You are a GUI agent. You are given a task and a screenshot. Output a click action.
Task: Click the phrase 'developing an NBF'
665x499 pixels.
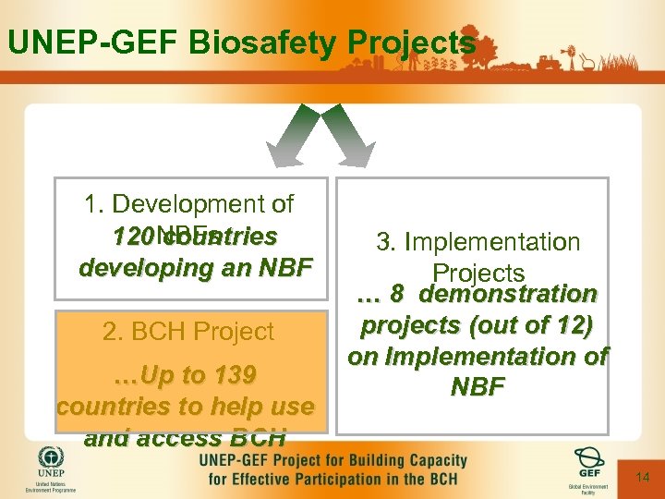pyautogui.click(x=197, y=268)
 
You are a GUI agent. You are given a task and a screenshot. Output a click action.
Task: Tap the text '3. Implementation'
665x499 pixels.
pyautogui.click(x=478, y=242)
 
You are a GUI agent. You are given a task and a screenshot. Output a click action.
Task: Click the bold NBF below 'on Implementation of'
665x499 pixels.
pyautogui.click(x=478, y=386)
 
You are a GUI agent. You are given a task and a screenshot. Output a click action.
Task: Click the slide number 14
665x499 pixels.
pyautogui.click(x=644, y=477)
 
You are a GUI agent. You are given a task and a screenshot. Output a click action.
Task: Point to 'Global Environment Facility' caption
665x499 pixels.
pyautogui.click(x=588, y=489)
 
